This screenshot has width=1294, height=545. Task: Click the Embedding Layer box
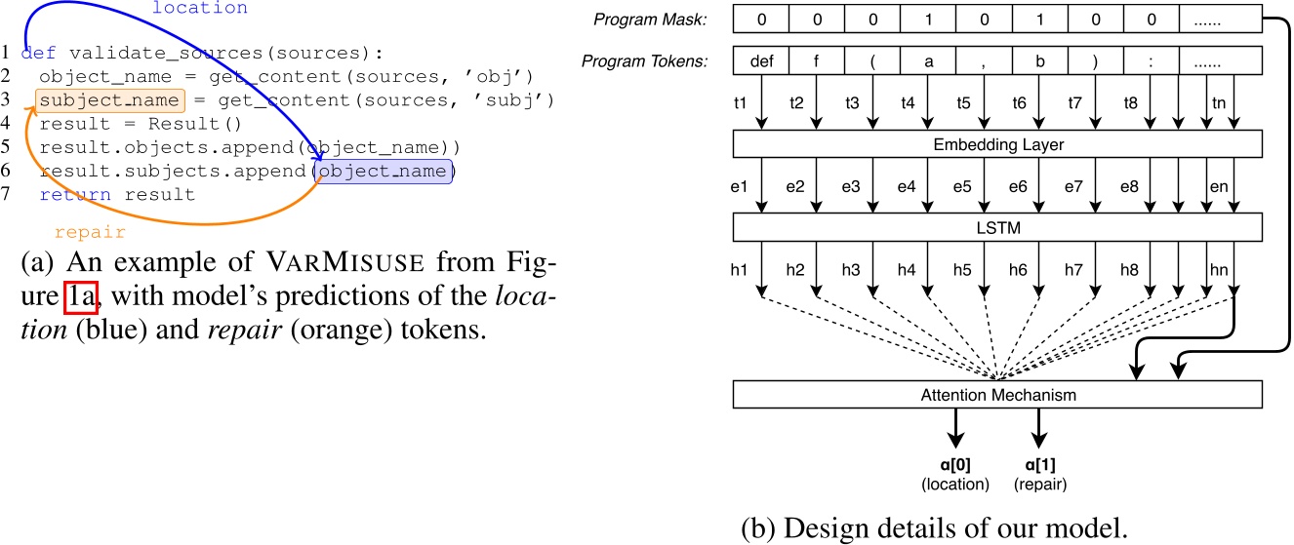click(996, 144)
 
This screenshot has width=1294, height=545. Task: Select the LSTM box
click(996, 227)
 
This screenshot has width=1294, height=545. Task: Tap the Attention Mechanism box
click(996, 394)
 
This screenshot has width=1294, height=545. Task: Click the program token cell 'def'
click(762, 60)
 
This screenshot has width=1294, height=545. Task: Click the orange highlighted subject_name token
click(108, 100)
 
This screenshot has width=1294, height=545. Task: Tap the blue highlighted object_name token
click(384, 172)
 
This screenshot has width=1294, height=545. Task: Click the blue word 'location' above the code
click(200, 9)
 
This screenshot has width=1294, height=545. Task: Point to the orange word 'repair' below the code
click(90, 233)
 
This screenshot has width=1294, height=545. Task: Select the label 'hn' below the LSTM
click(1217, 269)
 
